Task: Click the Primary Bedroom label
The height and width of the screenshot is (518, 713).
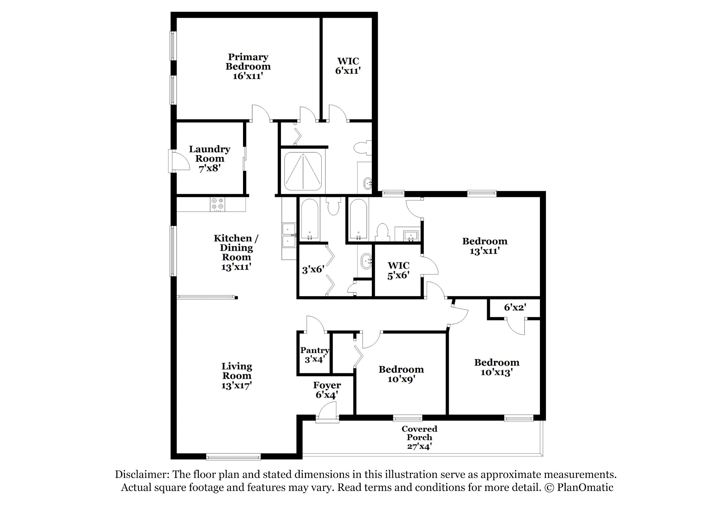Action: click(x=248, y=66)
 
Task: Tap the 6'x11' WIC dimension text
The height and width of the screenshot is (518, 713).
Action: click(x=348, y=71)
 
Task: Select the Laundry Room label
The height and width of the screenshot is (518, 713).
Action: click(x=210, y=159)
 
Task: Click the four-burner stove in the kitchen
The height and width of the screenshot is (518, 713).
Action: click(x=218, y=204)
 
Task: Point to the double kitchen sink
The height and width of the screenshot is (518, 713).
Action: click(x=289, y=235)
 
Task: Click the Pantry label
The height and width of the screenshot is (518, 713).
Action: click(x=315, y=350)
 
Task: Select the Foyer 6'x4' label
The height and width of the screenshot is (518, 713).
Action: click(x=327, y=390)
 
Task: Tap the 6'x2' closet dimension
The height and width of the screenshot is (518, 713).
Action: click(x=515, y=307)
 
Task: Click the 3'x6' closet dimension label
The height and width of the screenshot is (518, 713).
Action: click(x=313, y=269)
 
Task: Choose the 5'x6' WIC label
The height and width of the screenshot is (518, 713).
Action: click(x=399, y=271)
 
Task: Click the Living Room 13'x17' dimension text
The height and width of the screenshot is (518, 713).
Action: click(x=237, y=385)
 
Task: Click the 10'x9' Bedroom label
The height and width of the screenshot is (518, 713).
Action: click(x=401, y=374)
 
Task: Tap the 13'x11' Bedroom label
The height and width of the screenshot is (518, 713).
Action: click(x=485, y=246)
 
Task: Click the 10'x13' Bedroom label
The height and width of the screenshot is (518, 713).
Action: click(x=497, y=367)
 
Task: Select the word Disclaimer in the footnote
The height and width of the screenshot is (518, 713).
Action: click(x=142, y=475)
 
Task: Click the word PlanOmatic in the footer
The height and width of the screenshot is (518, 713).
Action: click(x=585, y=487)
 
